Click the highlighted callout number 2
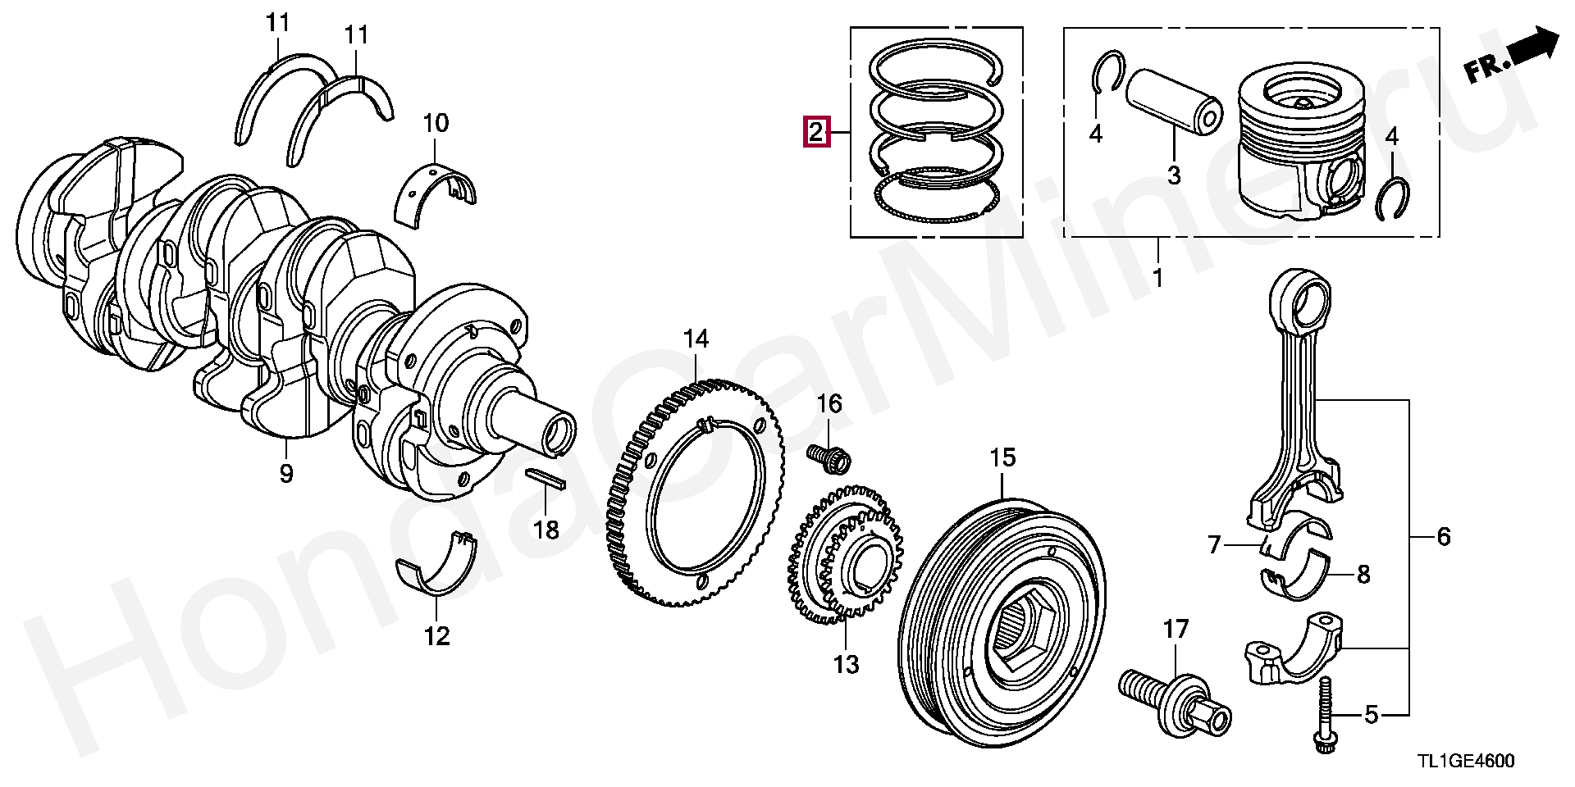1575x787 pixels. click(x=816, y=131)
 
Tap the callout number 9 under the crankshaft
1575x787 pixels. click(x=285, y=473)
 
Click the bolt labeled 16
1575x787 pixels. click(x=830, y=457)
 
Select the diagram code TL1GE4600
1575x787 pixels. click(x=1464, y=762)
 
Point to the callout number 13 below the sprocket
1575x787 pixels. click(x=846, y=664)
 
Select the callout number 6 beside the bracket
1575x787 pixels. click(x=1444, y=537)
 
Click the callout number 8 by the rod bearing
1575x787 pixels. click(x=1363, y=575)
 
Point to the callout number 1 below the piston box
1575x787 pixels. click(x=1157, y=278)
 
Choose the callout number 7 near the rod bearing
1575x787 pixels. click(x=1214, y=544)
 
